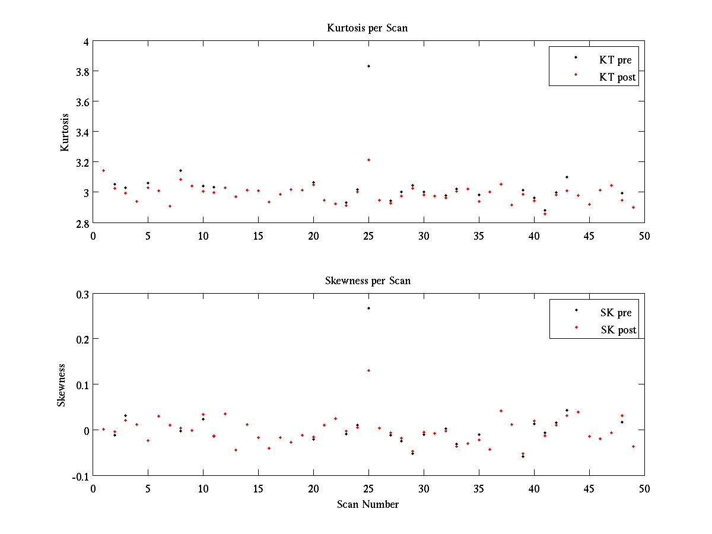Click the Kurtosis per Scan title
point(367,28)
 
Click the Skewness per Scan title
point(367,281)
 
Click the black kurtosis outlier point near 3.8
point(368,66)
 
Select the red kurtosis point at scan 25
point(368,160)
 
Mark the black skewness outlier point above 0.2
point(368,308)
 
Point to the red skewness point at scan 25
point(368,370)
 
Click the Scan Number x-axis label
point(368,505)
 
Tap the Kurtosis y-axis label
point(65,132)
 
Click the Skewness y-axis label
point(62,385)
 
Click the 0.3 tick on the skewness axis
point(81,294)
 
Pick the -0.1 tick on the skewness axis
point(80,476)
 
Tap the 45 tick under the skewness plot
point(589,488)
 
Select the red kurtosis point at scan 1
point(103,170)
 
